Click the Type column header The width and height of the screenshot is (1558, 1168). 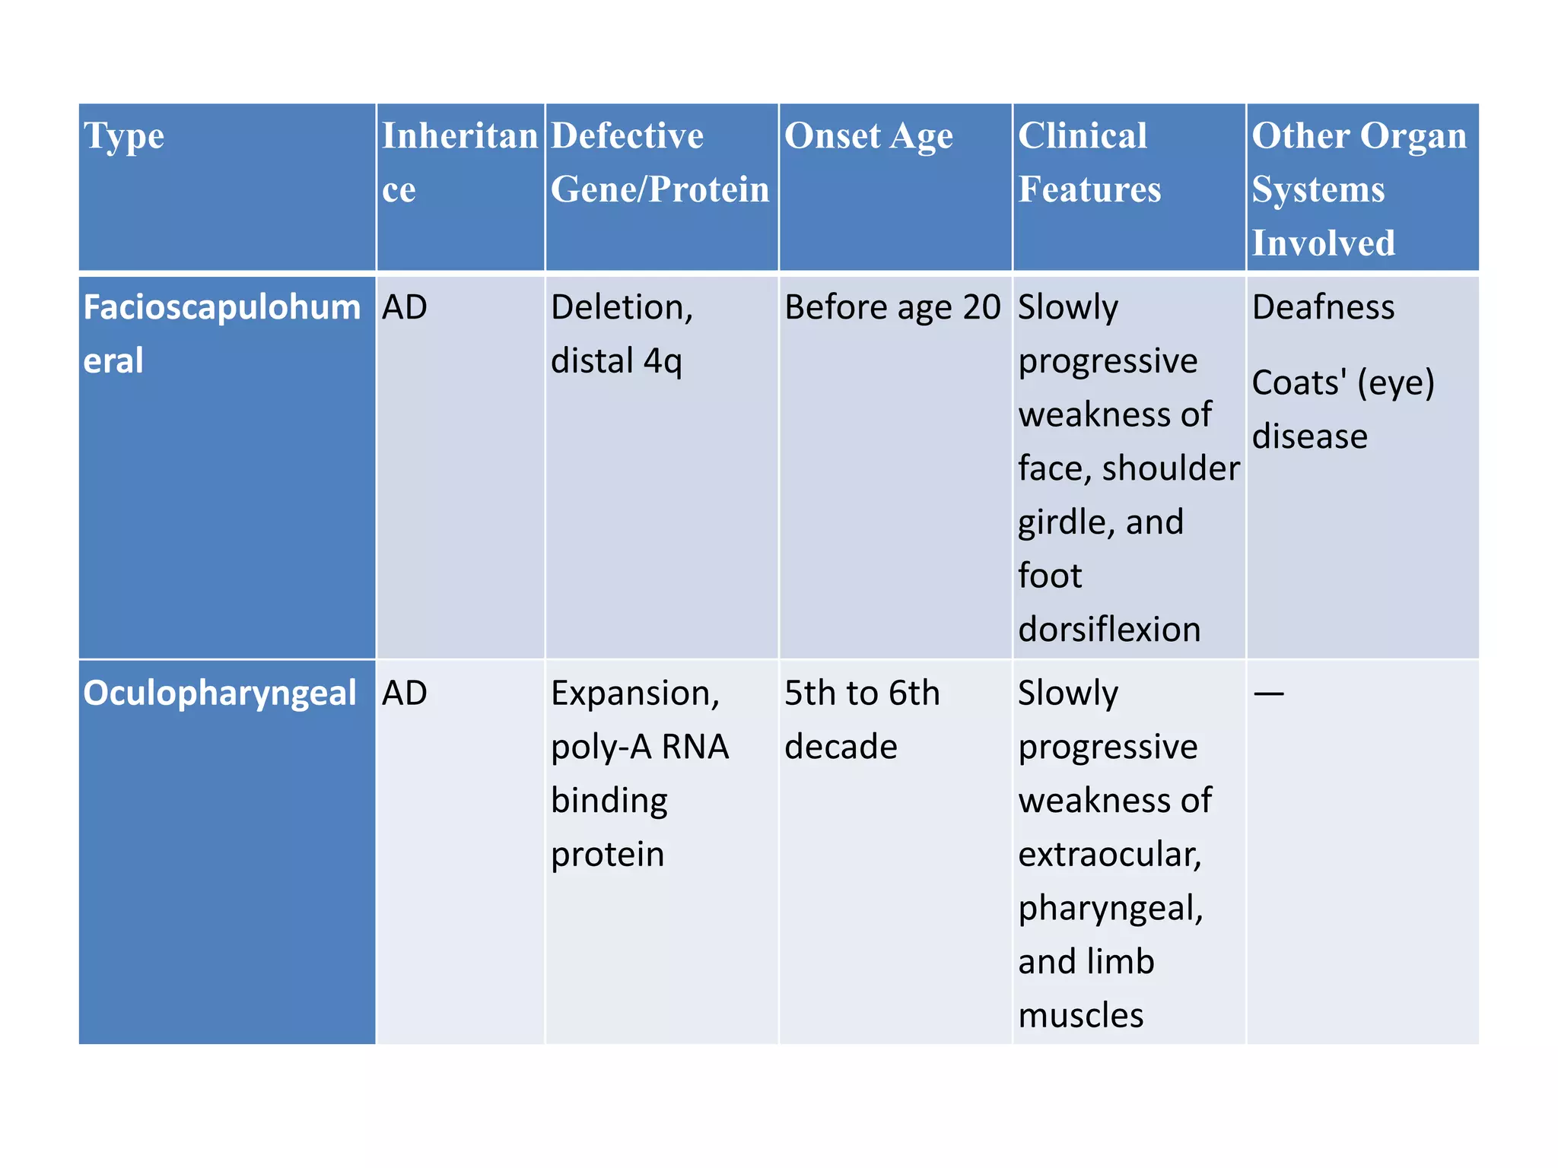click(x=124, y=137)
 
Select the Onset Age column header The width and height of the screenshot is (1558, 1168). click(x=868, y=137)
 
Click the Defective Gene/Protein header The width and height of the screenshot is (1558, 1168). click(x=659, y=163)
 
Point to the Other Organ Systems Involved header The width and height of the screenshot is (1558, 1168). click(x=1359, y=189)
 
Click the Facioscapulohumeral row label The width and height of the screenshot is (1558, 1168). click(x=221, y=334)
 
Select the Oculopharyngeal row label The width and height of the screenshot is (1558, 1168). click(x=219, y=693)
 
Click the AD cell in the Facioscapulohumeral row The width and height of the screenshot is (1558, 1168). click(x=404, y=308)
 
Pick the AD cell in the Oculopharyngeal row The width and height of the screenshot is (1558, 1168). click(x=404, y=693)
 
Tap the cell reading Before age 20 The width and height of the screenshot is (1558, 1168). click(x=892, y=308)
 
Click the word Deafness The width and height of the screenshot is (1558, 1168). click(x=1323, y=308)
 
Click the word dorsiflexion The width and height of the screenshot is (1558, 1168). click(x=1109, y=630)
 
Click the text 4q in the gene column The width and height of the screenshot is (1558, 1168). click(x=663, y=361)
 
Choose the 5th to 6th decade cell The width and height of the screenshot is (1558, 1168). click(x=861, y=719)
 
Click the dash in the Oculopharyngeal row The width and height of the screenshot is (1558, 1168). click(x=1268, y=693)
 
